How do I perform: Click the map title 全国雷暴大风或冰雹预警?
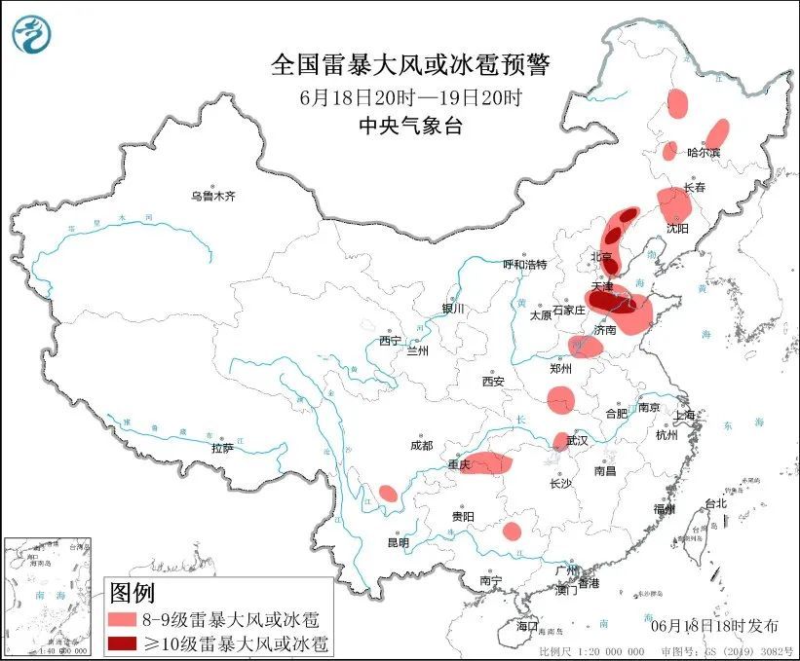point(409,66)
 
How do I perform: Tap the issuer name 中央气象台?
point(409,125)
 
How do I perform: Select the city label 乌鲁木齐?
point(213,196)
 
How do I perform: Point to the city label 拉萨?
point(222,448)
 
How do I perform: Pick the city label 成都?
point(421,445)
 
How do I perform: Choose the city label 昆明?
point(399,541)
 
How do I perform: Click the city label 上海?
point(685,416)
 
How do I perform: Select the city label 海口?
point(527,624)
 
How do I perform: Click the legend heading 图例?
point(132,592)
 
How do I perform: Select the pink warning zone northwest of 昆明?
point(388,494)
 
